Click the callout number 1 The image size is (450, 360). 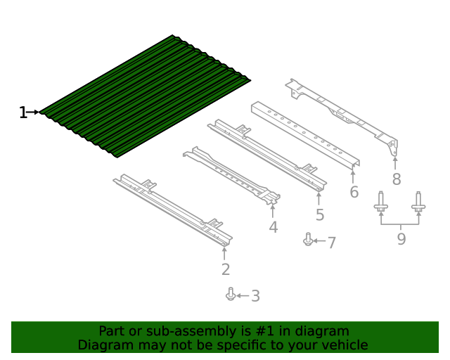[23, 112]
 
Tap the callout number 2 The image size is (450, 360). [226, 269]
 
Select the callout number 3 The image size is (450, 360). [255, 296]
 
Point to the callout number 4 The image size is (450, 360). [274, 227]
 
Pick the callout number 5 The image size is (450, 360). [320, 214]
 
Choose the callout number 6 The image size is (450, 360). [354, 192]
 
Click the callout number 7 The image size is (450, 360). [331, 243]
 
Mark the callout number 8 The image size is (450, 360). [397, 179]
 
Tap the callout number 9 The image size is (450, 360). [401, 239]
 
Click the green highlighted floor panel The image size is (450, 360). [145, 96]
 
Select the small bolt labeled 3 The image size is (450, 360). [231, 294]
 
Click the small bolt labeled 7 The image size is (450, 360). [308, 239]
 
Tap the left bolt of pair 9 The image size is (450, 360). [381, 202]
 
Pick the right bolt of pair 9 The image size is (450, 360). [418, 202]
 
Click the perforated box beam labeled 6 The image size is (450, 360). [306, 134]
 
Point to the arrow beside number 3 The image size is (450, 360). [243, 296]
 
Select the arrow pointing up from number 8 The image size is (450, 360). [395, 163]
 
